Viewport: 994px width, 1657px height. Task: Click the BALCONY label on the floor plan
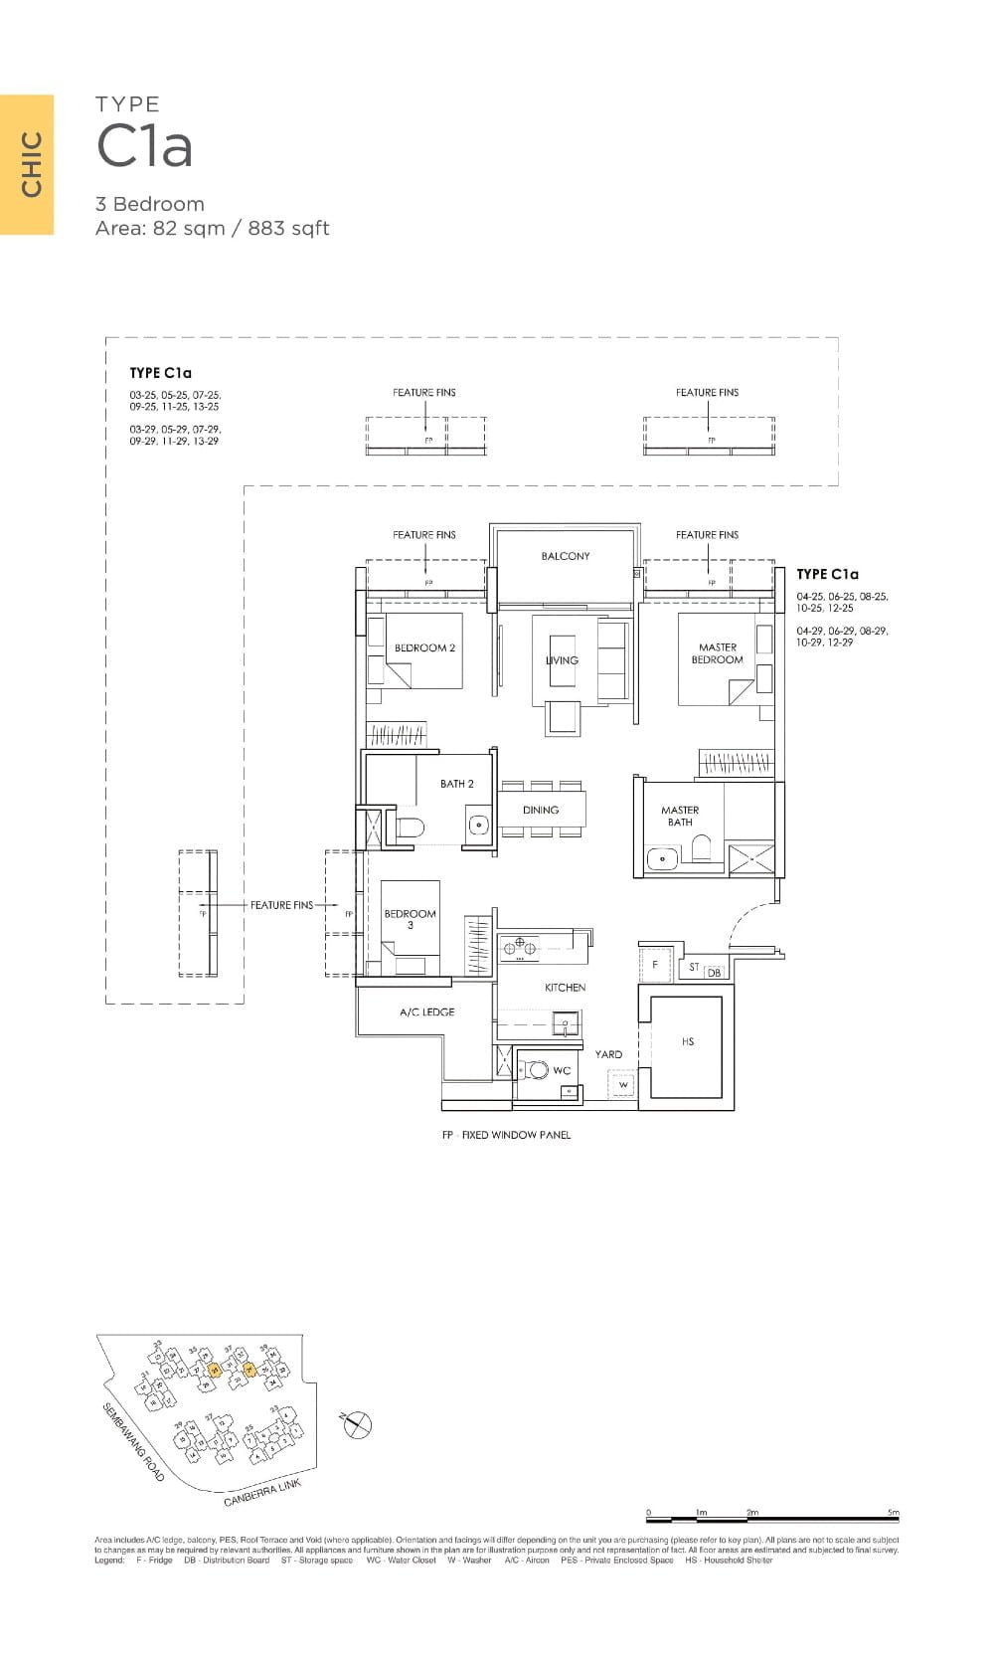[565, 556]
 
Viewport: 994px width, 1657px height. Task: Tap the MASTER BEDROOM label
[717, 653]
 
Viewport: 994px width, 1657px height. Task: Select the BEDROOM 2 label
[424, 647]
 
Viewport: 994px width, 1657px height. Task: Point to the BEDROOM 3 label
[410, 919]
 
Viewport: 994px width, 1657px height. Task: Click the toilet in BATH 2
[411, 828]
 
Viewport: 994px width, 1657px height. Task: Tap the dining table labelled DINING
[541, 810]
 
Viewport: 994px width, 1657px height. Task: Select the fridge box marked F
[655, 964]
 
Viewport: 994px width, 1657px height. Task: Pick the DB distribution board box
[714, 972]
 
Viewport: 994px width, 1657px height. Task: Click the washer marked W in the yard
[623, 1084]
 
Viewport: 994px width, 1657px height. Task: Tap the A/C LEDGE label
[426, 1012]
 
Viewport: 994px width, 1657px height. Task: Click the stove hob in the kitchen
[519, 947]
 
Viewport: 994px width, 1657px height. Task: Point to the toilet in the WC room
[538, 1070]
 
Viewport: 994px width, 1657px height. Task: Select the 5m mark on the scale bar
[895, 1514]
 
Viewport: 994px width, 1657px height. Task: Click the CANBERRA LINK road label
[261, 1493]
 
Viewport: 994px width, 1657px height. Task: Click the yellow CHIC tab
[27, 164]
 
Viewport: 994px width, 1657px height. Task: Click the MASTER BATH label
[680, 816]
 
